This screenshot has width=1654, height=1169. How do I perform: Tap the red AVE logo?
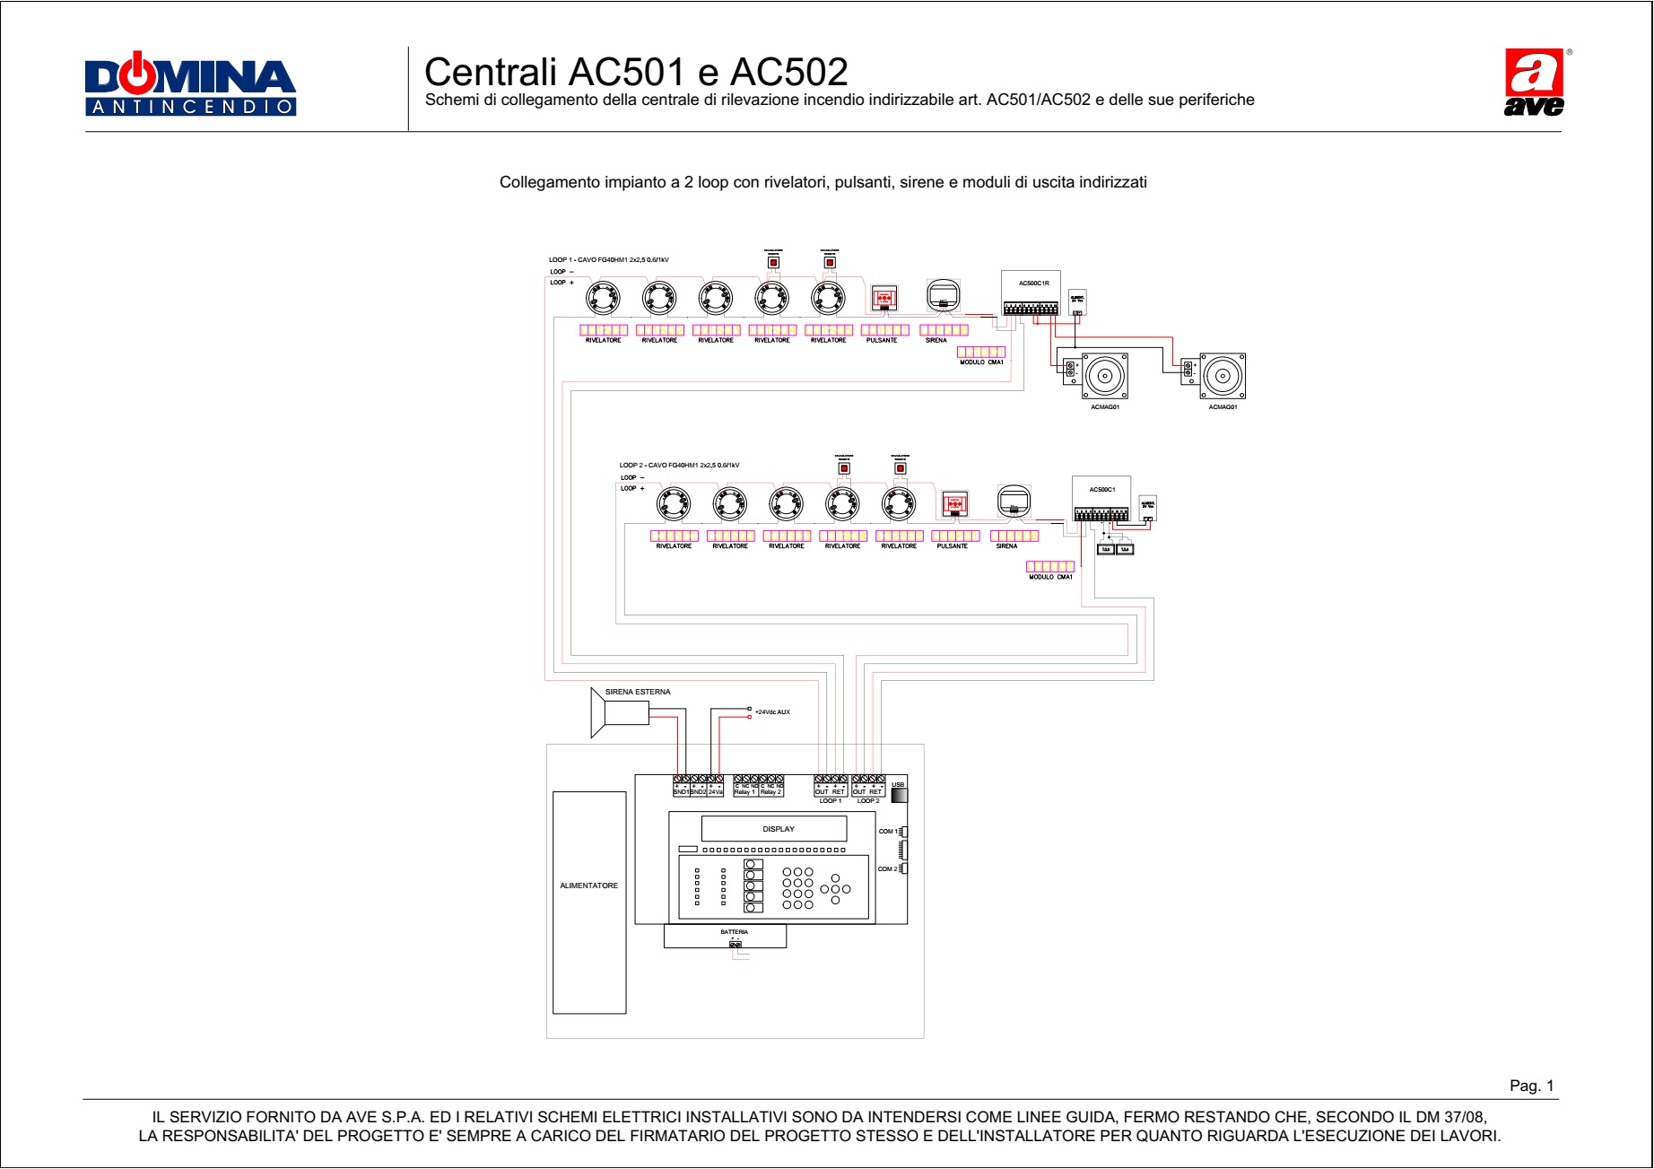pyautogui.click(x=1534, y=83)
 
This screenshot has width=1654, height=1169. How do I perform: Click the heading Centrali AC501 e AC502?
pyautogui.click(x=635, y=72)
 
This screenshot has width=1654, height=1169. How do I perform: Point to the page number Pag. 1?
pyautogui.click(x=1531, y=1086)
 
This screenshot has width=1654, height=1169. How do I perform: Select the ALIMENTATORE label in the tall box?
pyautogui.click(x=588, y=885)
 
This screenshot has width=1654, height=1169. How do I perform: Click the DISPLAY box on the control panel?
pyautogui.click(x=778, y=829)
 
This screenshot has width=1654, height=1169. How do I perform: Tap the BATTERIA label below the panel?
pyautogui.click(x=734, y=932)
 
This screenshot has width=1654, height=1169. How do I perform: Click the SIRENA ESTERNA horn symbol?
pyautogui.click(x=619, y=713)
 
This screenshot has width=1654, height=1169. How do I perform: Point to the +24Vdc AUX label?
pyautogui.click(x=772, y=712)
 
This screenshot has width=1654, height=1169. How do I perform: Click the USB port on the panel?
pyautogui.click(x=898, y=794)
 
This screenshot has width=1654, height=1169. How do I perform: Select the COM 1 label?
pyautogui.click(x=887, y=832)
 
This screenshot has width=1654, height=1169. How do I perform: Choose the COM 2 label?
pyautogui.click(x=887, y=869)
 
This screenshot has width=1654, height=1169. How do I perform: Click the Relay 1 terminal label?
pyautogui.click(x=744, y=792)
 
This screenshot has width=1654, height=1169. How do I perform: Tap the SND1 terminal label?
pyautogui.click(x=681, y=792)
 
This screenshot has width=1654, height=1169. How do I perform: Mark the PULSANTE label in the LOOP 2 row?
pyautogui.click(x=952, y=546)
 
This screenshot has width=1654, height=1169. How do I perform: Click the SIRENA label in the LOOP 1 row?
pyautogui.click(x=936, y=341)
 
